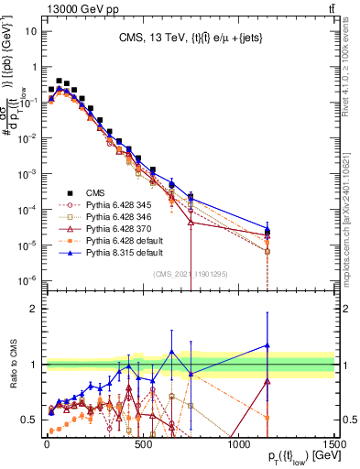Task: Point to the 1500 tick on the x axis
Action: coord(334,442)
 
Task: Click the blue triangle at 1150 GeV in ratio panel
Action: coord(267,345)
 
